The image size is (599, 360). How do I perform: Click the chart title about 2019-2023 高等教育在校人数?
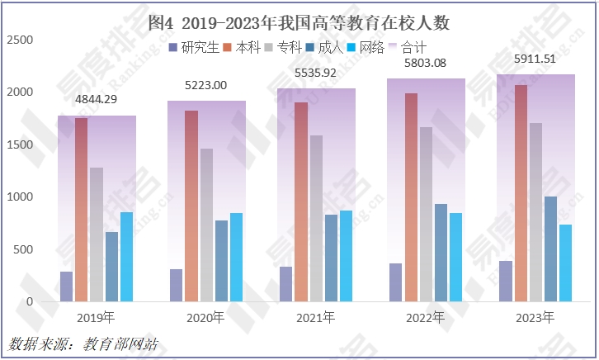299,22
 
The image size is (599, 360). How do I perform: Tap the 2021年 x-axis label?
316,318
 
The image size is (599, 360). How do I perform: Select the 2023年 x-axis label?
535,318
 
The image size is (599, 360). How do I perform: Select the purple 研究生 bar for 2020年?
177,285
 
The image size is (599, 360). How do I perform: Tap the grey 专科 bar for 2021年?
316,219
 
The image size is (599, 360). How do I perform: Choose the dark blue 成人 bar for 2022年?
441,253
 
